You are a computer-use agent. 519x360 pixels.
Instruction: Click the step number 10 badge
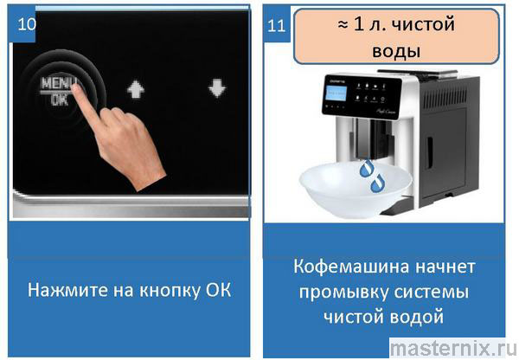tap(23, 25)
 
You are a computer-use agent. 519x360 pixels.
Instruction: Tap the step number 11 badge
tap(277, 25)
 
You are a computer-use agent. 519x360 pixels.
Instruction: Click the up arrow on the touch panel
tap(136, 89)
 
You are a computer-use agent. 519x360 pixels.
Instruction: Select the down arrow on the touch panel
tap(217, 88)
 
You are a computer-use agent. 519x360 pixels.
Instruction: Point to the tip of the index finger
tap(75, 87)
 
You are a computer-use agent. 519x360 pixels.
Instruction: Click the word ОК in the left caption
tap(219, 290)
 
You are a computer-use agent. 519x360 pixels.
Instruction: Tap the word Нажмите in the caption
tap(67, 290)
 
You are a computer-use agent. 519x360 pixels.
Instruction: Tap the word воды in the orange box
tap(396, 51)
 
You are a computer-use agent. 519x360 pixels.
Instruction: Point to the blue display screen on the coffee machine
tap(336, 93)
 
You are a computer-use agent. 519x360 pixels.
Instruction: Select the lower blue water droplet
tap(377, 183)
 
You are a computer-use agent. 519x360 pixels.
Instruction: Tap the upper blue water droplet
tap(367, 168)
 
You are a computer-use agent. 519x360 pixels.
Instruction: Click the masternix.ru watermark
tap(452, 349)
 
